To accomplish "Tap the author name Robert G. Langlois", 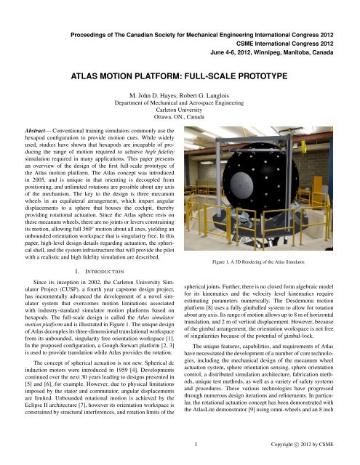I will (x=207, y=95).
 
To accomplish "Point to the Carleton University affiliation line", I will (x=180, y=111).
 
